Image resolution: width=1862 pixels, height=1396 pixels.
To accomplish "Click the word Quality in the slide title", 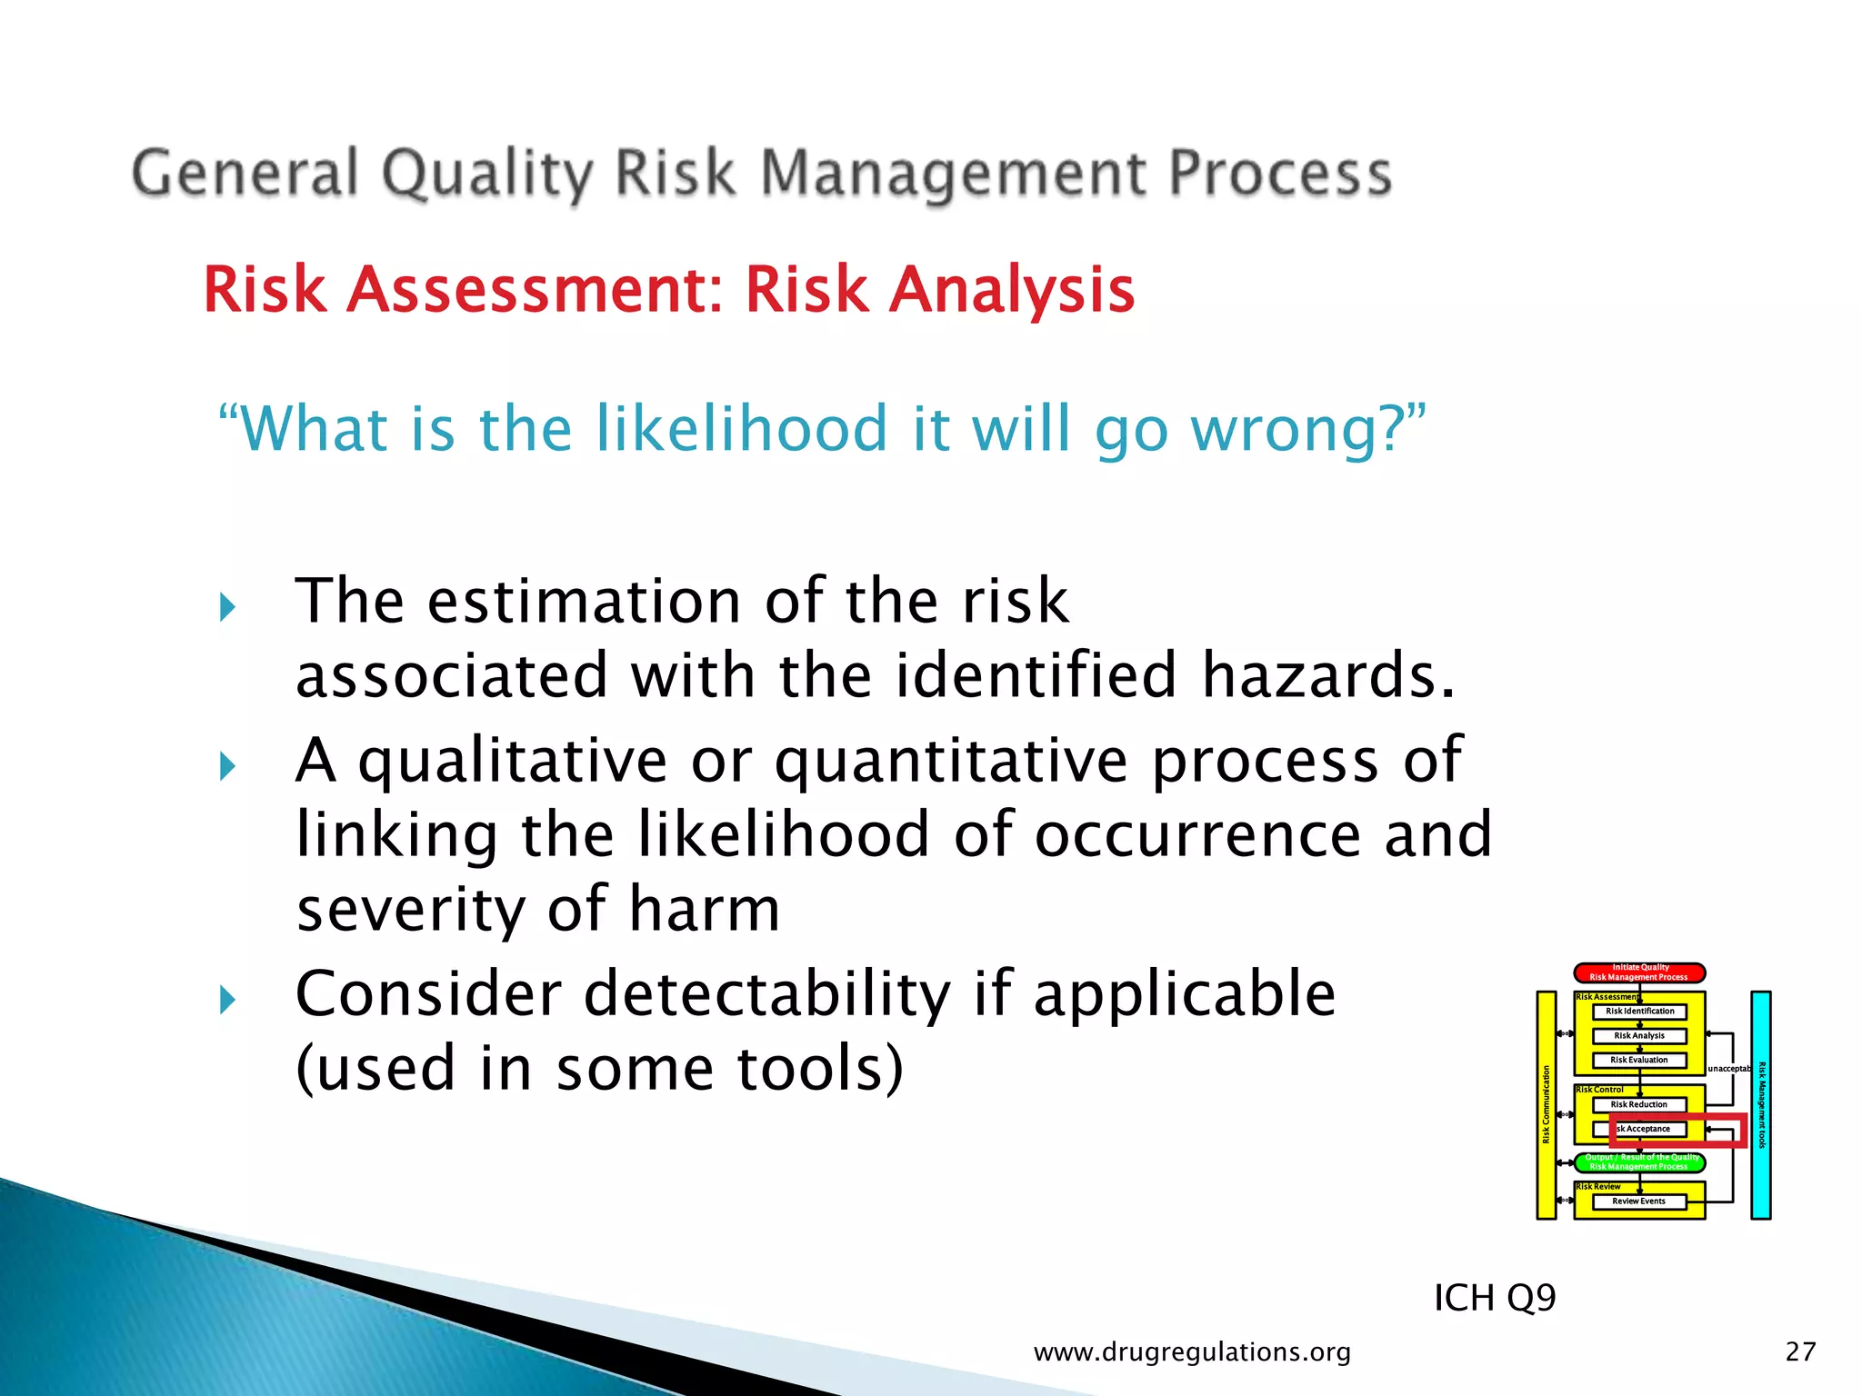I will tap(486, 174).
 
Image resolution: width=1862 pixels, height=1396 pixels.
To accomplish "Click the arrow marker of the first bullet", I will tap(227, 606).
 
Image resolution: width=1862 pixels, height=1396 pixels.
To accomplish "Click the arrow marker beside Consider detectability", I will tap(227, 1000).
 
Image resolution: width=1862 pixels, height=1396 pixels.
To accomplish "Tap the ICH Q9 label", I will tap(1494, 1298).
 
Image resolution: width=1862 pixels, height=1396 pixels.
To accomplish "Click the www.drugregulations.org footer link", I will tap(1192, 1352).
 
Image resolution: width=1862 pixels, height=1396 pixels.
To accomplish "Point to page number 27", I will tap(1800, 1352).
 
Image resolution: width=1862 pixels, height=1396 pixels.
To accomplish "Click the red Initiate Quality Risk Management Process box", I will tap(1639, 972).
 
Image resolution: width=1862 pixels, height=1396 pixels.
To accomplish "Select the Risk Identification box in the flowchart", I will tap(1639, 1012).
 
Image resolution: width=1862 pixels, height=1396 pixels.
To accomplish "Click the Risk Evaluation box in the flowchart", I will tap(1639, 1060).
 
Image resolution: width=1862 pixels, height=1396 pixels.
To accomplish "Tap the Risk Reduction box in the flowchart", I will tap(1639, 1104).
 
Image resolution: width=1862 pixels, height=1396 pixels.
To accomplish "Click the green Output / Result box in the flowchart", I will tap(1639, 1162).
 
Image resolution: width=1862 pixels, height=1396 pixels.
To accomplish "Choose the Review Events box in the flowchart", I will tap(1639, 1202).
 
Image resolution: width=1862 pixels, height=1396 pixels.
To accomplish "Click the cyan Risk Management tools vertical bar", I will tap(1761, 1104).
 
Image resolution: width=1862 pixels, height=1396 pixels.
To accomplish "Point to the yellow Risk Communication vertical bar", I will tap(1546, 1104).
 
